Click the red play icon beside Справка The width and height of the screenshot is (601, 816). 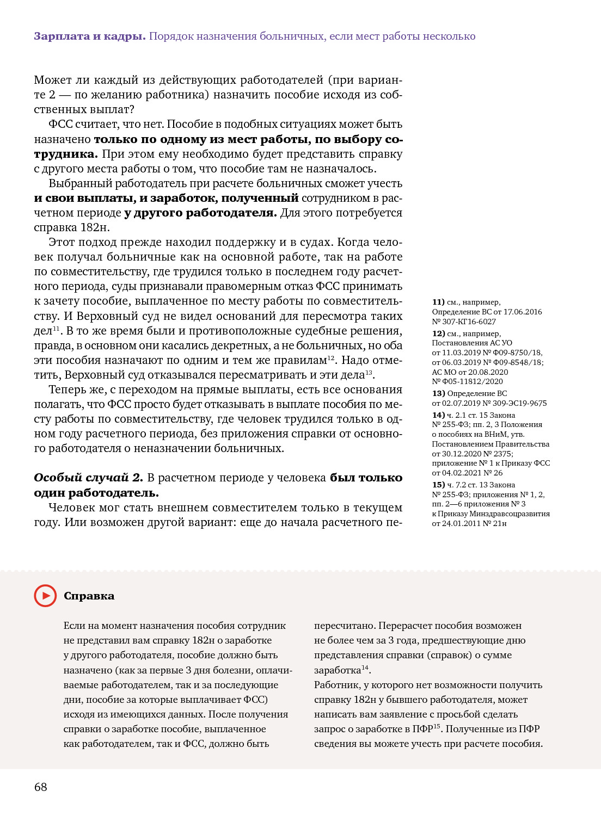click(x=45, y=596)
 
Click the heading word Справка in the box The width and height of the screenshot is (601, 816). click(x=89, y=596)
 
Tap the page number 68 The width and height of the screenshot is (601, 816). click(x=41, y=787)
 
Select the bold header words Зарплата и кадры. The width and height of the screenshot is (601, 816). click(x=89, y=36)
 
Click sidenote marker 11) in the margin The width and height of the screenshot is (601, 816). click(x=438, y=302)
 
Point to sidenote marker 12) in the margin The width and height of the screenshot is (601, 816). click(x=438, y=333)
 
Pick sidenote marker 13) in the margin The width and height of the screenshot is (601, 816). click(x=438, y=393)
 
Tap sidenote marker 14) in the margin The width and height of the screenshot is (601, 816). click(x=438, y=415)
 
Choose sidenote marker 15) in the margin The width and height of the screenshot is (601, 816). click(x=438, y=485)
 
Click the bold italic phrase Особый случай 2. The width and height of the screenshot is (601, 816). click(x=88, y=478)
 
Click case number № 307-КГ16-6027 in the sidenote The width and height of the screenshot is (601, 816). click(x=464, y=322)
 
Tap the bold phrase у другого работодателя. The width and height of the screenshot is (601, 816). click(x=200, y=213)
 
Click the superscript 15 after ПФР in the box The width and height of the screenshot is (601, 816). click(x=437, y=726)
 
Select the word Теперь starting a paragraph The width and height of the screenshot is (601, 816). click(x=68, y=390)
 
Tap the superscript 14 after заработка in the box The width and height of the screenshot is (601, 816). click(x=365, y=667)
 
